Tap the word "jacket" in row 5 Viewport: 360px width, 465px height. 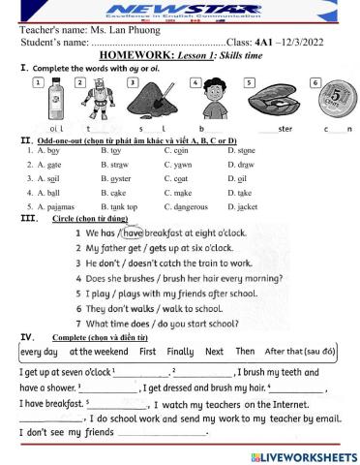(x=248, y=206)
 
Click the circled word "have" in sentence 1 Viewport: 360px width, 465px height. (x=133, y=233)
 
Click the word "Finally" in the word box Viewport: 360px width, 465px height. (x=180, y=352)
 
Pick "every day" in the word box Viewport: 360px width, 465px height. (x=39, y=352)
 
